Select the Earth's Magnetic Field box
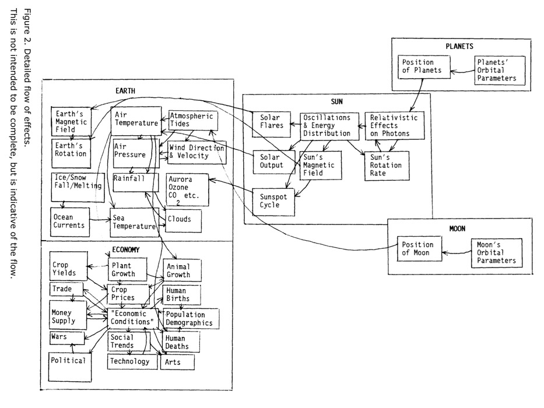69,122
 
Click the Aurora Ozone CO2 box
187,189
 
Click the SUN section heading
336,101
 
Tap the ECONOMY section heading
126,249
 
